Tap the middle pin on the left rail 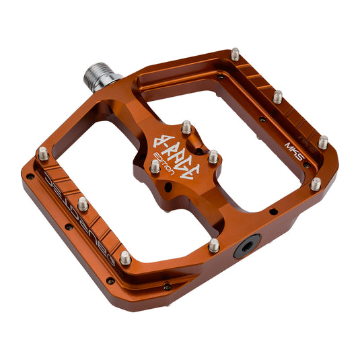82,203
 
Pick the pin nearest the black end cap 213,245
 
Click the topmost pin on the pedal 236,53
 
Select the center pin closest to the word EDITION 155,166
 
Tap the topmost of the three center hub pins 186,126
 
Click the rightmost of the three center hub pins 213,156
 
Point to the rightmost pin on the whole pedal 323,141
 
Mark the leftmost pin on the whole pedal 43,153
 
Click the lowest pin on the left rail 125,256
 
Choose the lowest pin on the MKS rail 315,184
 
